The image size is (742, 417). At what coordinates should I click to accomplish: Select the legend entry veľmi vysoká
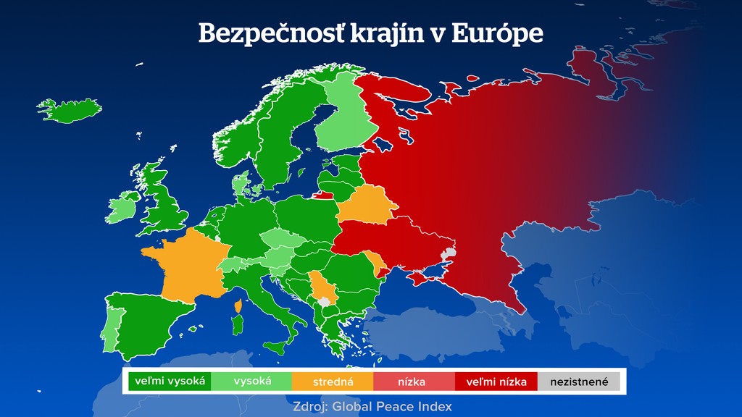point(170,381)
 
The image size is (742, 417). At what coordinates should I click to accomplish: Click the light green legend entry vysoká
point(251,381)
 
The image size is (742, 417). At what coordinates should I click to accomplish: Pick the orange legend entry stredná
point(333,381)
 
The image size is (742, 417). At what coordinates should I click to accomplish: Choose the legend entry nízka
point(414,381)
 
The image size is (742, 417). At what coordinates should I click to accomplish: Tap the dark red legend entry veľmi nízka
point(496,381)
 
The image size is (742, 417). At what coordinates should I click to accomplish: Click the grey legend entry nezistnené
point(579,381)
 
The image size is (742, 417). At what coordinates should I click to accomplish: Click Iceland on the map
point(70,111)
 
